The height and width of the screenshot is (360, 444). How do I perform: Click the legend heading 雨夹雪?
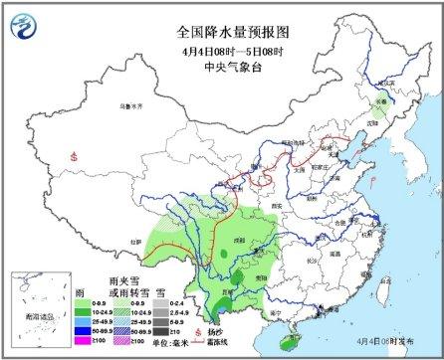tap(121, 282)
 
